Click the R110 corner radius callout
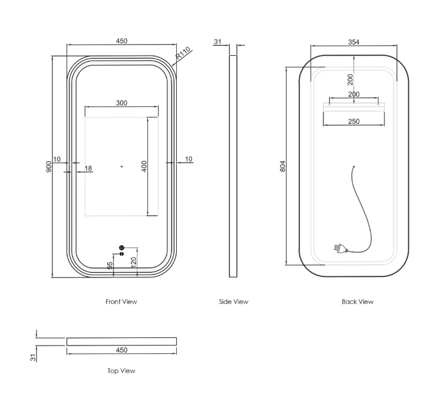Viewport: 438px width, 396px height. pos(183,53)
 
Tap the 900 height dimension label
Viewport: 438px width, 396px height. pos(49,167)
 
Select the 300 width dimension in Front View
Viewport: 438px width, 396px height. pos(122,103)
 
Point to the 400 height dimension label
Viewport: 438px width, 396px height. pos(144,167)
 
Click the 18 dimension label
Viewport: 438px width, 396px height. pos(88,168)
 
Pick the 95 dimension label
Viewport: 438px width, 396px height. pos(110,265)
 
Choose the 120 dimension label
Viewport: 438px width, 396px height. pos(133,263)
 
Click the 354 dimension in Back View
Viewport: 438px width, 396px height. pos(353,42)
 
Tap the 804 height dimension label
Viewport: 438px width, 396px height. pos(282,166)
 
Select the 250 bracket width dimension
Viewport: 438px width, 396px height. pos(353,121)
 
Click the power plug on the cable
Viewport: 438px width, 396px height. pos(340,249)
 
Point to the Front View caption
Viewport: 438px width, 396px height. pos(121,302)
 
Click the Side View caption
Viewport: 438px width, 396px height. pos(234,302)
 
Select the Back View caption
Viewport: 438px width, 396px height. pos(358,302)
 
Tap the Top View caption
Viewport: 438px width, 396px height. pos(121,371)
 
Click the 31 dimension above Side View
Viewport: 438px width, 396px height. pos(218,42)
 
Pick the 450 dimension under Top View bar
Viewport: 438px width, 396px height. pos(122,350)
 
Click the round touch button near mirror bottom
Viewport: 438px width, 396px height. pos(121,248)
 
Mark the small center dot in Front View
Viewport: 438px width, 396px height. pos(122,167)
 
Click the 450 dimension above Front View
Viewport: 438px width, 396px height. pos(122,41)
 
